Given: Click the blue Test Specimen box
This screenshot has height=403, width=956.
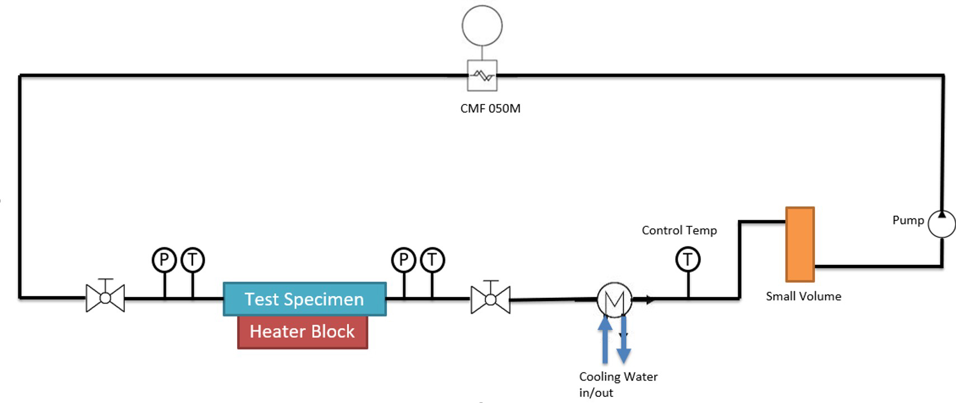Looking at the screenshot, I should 304,299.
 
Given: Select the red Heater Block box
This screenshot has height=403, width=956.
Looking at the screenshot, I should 302,332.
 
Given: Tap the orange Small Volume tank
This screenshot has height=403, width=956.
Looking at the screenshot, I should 799,244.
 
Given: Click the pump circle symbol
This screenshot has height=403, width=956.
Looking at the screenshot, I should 941,224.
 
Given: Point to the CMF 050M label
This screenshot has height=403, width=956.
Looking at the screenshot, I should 490,108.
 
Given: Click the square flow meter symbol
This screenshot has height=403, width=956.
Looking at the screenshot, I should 482,75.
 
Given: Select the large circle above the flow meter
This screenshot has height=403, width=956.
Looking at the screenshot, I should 482,26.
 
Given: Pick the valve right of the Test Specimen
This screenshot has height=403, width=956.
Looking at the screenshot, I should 490,300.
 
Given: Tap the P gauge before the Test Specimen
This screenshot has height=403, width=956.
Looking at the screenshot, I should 164,260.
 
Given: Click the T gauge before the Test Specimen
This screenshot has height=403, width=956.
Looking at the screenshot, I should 192,260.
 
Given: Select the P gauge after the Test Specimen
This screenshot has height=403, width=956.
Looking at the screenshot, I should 404,260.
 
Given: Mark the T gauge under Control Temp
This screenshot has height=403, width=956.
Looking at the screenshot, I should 688,259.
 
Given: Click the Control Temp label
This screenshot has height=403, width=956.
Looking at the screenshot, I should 679,230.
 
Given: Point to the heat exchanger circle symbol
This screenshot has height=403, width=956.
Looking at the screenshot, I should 614,300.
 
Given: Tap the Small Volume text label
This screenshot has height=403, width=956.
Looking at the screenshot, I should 803,296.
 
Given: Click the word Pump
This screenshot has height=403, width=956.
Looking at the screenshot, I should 908,220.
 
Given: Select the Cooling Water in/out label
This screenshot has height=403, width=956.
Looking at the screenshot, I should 618,384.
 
